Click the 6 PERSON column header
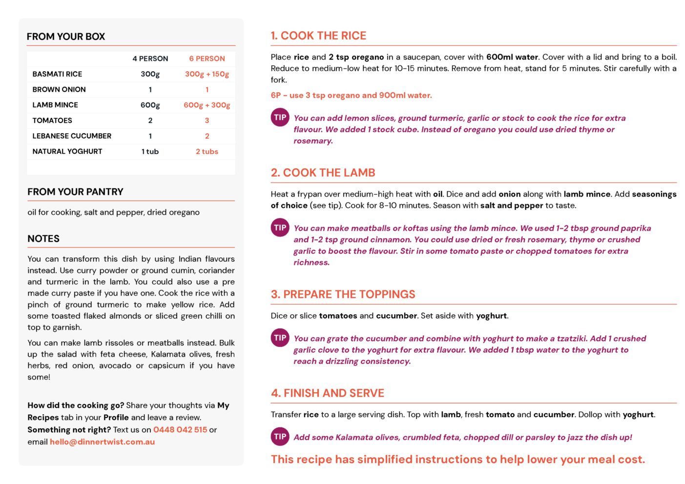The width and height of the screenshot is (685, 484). point(207,59)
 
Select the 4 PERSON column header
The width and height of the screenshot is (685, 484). point(150,59)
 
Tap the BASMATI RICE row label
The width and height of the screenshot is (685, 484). point(57,74)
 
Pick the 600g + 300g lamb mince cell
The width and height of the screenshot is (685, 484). point(207,105)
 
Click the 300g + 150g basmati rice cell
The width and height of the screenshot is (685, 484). point(207,74)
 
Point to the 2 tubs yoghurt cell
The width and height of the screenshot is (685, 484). point(207,152)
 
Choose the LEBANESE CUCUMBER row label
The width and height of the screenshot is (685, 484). point(72,136)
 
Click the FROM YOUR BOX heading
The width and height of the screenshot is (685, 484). point(66,37)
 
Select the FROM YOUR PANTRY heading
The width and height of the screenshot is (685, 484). point(75,192)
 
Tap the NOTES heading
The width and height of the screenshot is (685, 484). point(43,239)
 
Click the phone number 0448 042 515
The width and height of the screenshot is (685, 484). point(180,430)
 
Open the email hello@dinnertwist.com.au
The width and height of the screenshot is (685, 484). point(102,442)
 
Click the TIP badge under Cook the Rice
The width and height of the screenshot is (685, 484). point(280,118)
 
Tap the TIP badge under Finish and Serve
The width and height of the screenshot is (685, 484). point(280,437)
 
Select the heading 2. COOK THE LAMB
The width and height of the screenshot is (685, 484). point(323,173)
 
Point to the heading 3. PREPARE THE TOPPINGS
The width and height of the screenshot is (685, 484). point(343,294)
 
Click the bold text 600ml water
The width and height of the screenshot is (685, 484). point(512,57)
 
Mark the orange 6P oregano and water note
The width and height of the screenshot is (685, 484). point(351,95)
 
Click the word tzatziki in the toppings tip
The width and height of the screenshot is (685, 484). point(572,339)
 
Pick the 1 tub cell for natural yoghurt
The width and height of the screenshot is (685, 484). point(150,152)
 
